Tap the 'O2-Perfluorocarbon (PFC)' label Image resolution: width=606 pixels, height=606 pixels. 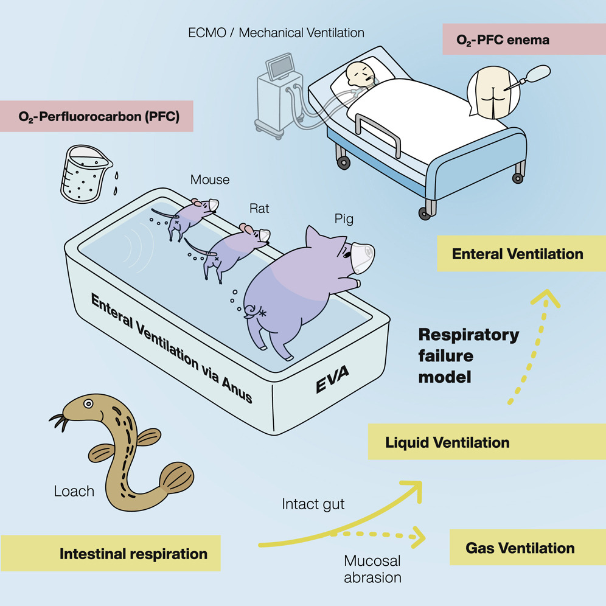point(97,117)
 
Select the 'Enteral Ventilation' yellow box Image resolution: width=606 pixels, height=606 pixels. point(517,254)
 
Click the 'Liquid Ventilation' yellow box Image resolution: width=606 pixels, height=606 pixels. point(447,442)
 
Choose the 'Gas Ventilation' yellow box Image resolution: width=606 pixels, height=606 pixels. point(520,548)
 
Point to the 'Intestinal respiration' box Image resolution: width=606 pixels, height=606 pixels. point(133,554)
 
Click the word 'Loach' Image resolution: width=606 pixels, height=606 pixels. point(74,490)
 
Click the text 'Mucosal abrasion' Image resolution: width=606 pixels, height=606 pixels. point(372,568)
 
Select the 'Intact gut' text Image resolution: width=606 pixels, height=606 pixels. point(313,504)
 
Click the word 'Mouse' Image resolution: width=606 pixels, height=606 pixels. point(210,179)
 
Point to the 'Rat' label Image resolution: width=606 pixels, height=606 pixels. point(259,209)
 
